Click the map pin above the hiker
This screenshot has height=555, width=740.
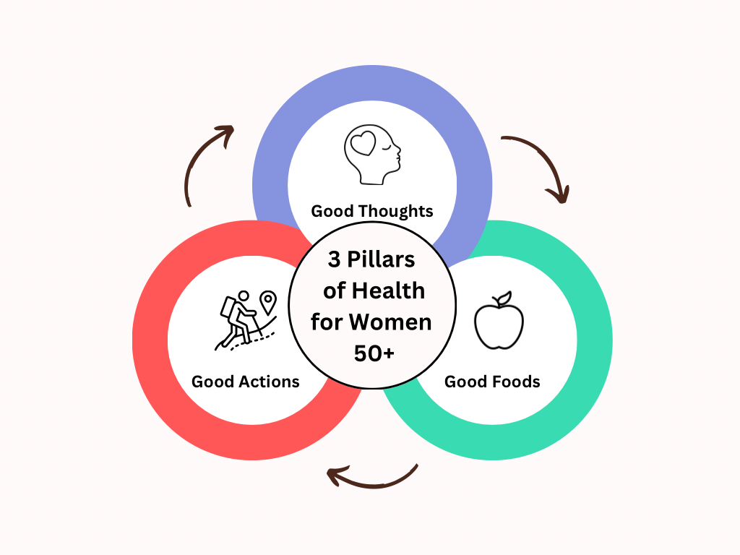268,301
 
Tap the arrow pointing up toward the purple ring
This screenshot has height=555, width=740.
206,163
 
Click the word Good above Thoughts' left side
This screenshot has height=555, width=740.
332,211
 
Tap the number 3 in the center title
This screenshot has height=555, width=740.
334,259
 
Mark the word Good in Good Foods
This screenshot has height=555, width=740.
465,382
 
